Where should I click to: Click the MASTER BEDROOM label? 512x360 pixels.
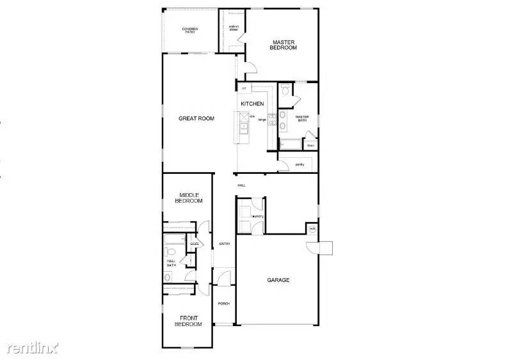click(283, 45)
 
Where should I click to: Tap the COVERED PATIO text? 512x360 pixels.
click(189, 30)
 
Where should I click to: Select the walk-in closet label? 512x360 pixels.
click(234, 28)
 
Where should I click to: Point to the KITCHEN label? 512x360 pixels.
click(252, 104)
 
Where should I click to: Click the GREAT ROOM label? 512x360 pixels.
click(196, 118)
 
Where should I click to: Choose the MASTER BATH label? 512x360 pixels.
click(302, 118)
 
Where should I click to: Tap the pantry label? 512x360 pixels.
click(300, 164)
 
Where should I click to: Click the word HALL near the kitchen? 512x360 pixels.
click(241, 185)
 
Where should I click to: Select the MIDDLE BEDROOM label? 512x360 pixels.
click(189, 198)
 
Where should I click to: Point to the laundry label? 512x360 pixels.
click(258, 216)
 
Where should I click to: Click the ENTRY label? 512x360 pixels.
click(224, 244)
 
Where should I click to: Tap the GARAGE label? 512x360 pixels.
click(278, 280)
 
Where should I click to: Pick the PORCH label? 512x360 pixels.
click(223, 304)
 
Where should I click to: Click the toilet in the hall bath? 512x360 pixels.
click(168, 277)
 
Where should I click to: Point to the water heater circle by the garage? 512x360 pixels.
click(312, 228)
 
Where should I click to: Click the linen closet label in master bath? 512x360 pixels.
click(310, 145)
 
